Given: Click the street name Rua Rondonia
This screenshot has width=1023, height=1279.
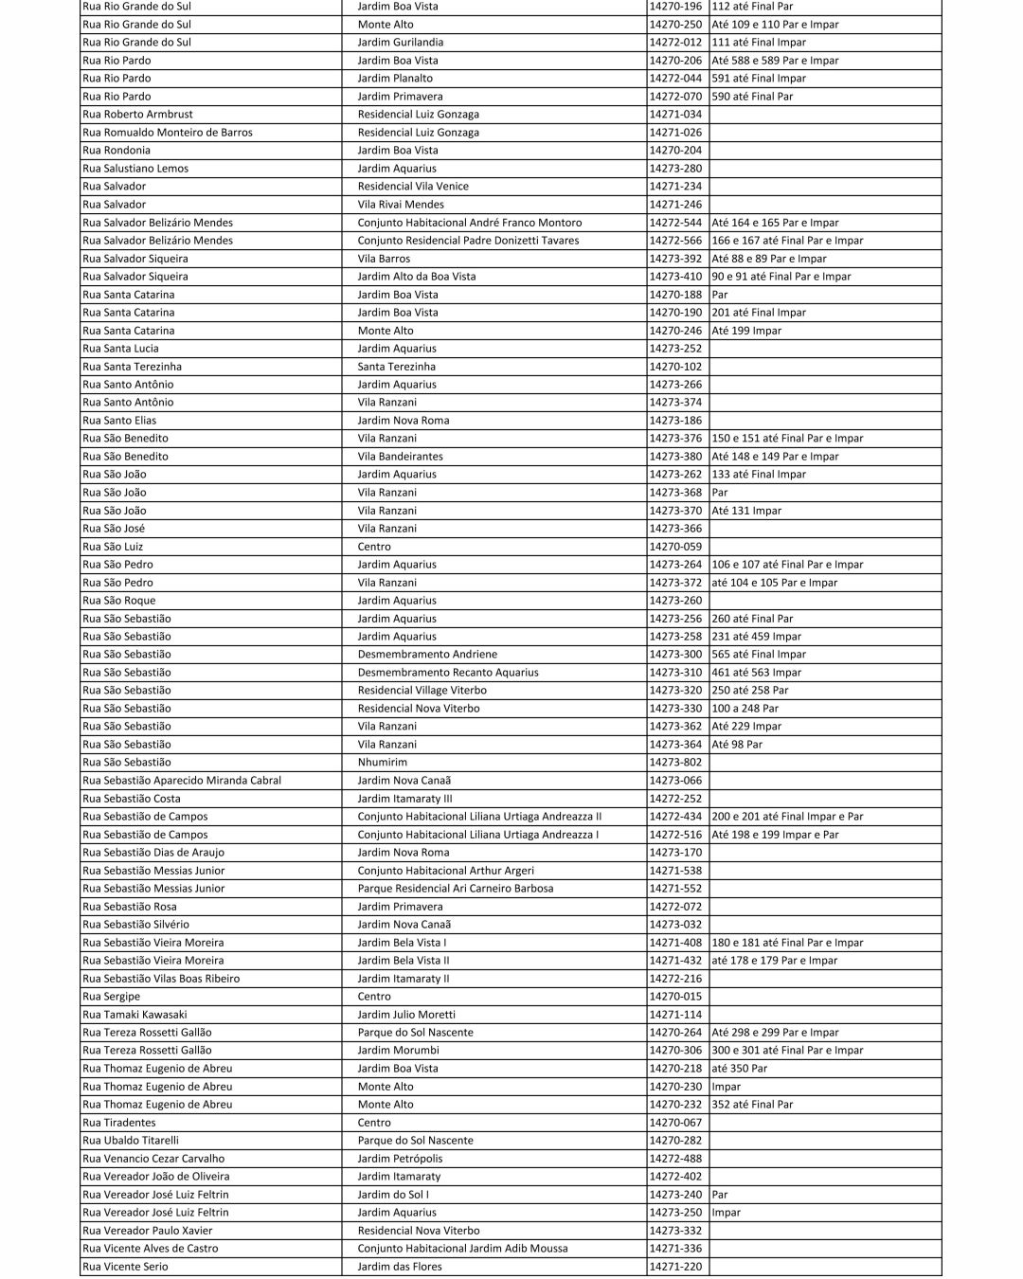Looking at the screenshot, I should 117,151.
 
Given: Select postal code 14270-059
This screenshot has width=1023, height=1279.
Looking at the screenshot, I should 675,547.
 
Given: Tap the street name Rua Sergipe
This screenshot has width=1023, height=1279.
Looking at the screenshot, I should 112,997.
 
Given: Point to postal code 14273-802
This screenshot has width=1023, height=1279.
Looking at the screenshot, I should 675,763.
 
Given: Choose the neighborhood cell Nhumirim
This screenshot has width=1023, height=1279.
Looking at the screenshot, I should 383,763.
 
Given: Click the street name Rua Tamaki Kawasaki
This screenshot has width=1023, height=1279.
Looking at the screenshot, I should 135,1015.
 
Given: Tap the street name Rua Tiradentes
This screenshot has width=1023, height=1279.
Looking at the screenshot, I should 119,1123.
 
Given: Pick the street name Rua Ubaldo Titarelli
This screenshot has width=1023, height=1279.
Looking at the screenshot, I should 131,1141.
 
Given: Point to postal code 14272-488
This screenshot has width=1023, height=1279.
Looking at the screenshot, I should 675,1159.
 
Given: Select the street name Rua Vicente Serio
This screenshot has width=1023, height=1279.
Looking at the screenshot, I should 125,1267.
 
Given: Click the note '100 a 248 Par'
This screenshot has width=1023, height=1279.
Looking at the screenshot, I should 745,709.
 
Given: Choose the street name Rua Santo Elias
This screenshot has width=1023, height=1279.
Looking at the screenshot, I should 119,421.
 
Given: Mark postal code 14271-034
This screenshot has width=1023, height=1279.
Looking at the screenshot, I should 675,115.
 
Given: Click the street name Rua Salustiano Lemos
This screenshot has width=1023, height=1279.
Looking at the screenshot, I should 135,169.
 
